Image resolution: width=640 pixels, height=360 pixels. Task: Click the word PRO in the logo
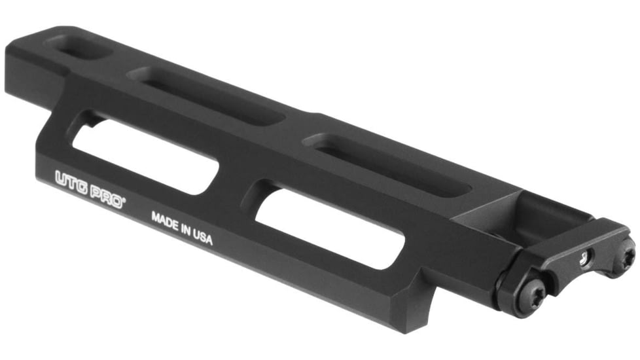pos(107,195)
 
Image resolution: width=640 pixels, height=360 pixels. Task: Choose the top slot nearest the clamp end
pos(390,164)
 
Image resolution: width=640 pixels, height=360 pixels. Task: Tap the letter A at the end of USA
pos(209,241)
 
